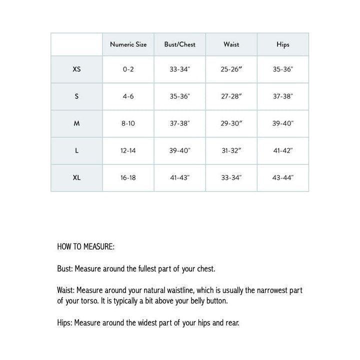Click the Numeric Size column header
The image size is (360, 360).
coord(128,44)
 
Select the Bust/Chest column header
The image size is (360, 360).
coord(179,44)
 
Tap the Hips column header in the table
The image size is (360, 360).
coord(283,44)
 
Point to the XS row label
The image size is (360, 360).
coord(76,69)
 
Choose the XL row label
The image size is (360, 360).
coord(76,177)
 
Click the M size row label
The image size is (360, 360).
coord(76,123)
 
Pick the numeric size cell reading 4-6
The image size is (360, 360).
coord(128,96)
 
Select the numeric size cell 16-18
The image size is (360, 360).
coord(128,177)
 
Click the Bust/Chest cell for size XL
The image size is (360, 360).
coord(179,177)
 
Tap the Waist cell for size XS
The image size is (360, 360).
coord(231,69)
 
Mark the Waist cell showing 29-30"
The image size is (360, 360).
coord(231,123)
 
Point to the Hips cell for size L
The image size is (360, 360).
coord(283,150)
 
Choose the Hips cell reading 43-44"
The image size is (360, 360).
coord(283,177)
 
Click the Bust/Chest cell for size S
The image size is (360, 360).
coord(179,96)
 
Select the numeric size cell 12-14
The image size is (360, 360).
coord(128,150)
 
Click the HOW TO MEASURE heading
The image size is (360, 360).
coord(85,246)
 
